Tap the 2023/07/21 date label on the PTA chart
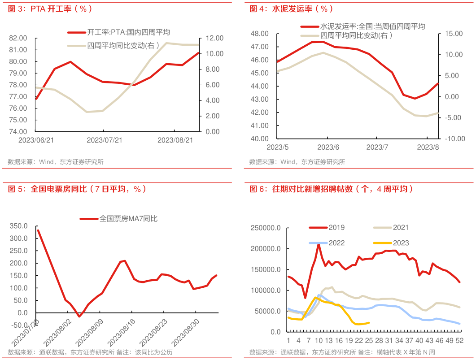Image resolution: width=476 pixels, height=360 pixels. [x=104, y=140]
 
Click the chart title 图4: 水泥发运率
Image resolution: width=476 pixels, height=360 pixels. [x=292, y=9]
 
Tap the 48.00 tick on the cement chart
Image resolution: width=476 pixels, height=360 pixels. [x=259, y=34]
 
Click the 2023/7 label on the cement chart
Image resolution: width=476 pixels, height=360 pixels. [x=377, y=147]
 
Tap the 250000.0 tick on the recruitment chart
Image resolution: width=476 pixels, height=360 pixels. [x=266, y=228]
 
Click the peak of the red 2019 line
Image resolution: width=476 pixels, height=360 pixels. [x=319, y=244]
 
